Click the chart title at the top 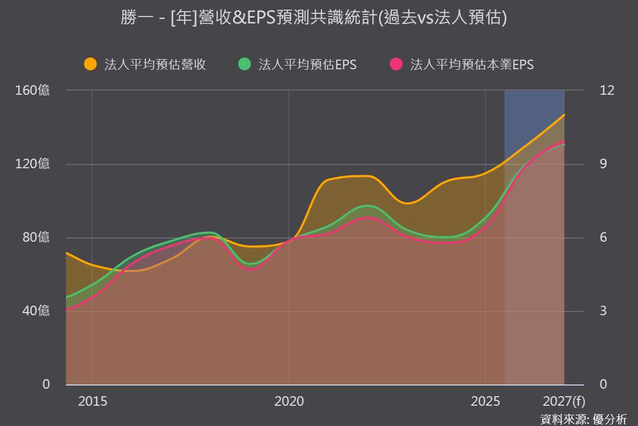click(x=314, y=18)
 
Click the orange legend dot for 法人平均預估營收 click(x=90, y=64)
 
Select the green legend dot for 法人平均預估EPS click(x=245, y=64)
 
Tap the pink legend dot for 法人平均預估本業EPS click(x=396, y=64)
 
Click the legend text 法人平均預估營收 click(x=155, y=64)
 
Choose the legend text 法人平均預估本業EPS click(x=472, y=64)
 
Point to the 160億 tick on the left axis click(x=32, y=90)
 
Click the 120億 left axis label click(x=32, y=164)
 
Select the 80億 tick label click(x=36, y=237)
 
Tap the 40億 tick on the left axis click(x=36, y=310)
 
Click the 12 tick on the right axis click(x=607, y=90)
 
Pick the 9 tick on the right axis click(x=603, y=164)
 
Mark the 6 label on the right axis click(x=603, y=237)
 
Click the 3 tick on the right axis click(x=603, y=310)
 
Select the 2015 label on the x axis click(x=93, y=401)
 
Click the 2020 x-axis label click(x=289, y=401)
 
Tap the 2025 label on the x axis click(x=485, y=401)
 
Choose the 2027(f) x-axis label click(x=564, y=402)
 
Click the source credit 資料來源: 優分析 click(x=584, y=420)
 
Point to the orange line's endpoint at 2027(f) click(x=564, y=115)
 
